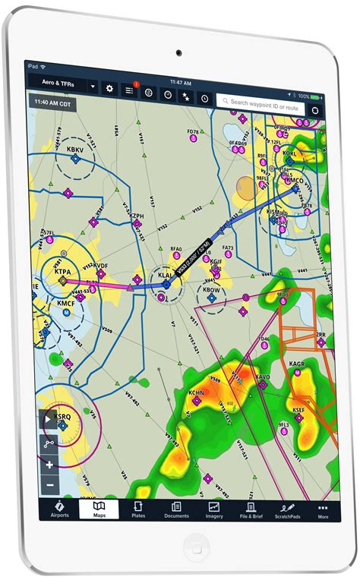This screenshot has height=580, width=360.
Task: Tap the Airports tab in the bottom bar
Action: (60, 509)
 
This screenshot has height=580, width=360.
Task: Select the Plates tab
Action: (138, 509)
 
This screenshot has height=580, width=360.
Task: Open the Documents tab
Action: (176, 509)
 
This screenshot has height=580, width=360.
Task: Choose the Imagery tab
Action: (214, 509)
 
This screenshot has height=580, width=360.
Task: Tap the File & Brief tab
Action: (251, 509)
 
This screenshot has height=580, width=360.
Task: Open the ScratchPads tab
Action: (288, 509)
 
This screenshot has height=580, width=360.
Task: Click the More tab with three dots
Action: (324, 509)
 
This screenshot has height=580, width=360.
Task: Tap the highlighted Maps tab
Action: (99, 509)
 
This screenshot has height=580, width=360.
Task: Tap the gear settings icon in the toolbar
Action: (109, 88)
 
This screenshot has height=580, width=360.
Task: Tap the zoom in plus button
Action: (50, 465)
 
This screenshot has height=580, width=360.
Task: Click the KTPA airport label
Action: (62, 270)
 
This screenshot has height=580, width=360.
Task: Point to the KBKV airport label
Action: (75, 150)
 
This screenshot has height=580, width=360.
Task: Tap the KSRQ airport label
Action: (62, 417)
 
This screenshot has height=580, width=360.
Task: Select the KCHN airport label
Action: (196, 393)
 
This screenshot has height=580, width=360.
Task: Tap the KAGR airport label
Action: (297, 364)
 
